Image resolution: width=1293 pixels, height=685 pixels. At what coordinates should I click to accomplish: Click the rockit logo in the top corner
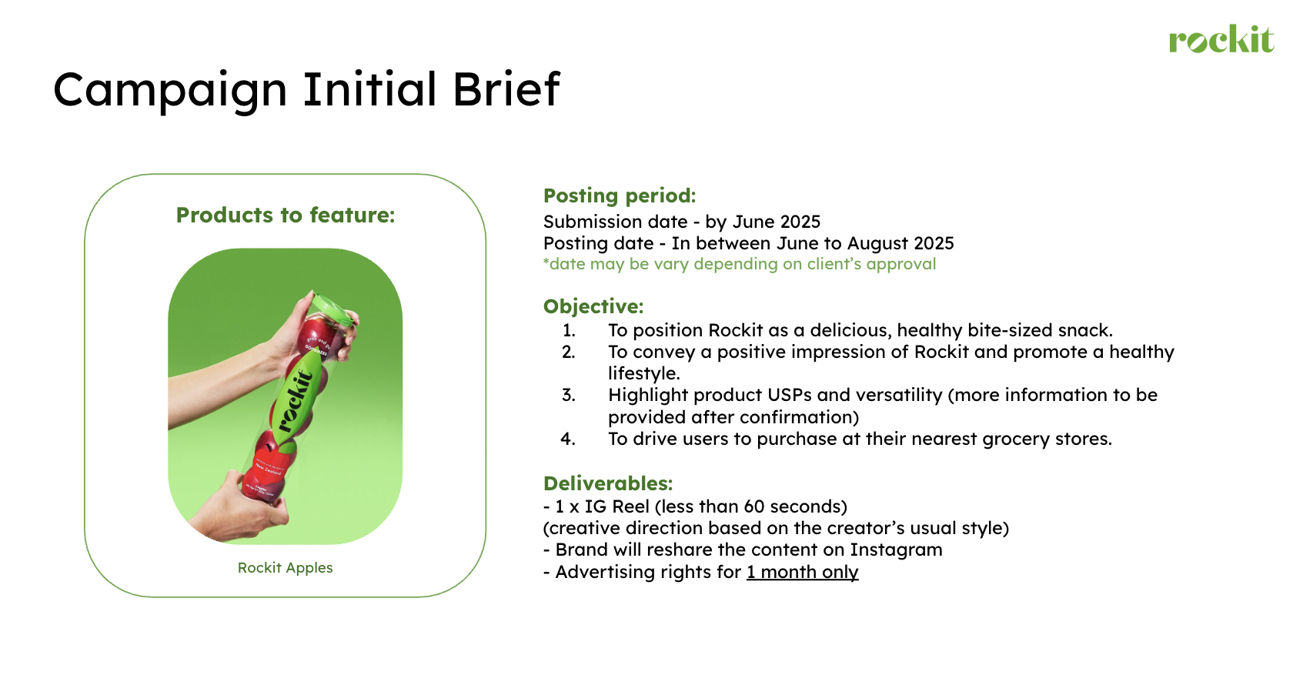(1221, 39)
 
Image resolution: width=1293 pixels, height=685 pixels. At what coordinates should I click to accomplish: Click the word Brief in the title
(506, 89)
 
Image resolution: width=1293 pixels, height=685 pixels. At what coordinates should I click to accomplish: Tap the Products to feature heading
(285, 215)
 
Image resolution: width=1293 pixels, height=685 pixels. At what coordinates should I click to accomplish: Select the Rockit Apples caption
(285, 568)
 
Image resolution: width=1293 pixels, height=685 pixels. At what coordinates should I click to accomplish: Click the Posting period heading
(620, 195)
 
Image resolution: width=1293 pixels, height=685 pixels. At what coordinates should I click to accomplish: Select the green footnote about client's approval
(740, 264)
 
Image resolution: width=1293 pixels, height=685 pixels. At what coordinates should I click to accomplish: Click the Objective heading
(593, 306)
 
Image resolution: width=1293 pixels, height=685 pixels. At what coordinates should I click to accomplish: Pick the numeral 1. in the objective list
(570, 330)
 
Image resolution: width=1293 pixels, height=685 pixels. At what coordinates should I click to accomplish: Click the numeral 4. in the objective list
(568, 439)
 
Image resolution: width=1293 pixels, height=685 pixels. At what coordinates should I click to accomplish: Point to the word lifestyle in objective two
(643, 374)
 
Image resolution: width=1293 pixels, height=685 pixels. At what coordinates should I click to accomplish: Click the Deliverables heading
(608, 483)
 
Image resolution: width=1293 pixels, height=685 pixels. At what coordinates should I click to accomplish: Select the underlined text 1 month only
(802, 572)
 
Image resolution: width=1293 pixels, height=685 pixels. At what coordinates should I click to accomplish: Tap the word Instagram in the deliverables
(896, 550)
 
